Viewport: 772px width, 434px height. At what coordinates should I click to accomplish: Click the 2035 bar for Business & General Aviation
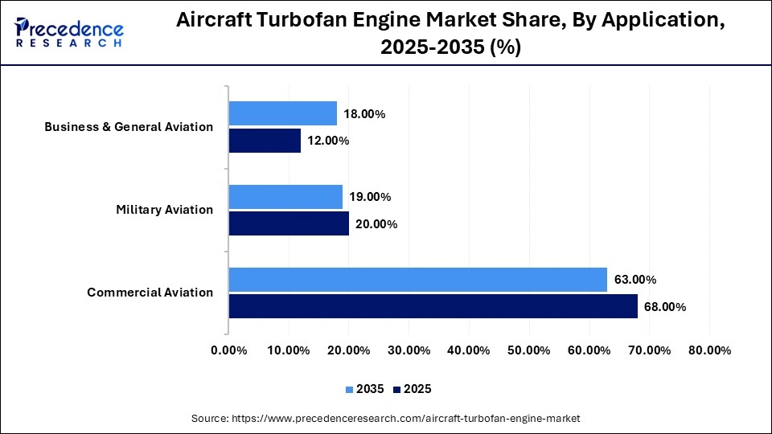(x=282, y=113)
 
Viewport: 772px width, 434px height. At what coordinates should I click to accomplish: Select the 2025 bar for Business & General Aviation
(x=265, y=141)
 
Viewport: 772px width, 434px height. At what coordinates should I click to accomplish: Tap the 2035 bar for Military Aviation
(x=285, y=197)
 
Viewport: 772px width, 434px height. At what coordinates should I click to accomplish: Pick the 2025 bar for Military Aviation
(x=289, y=224)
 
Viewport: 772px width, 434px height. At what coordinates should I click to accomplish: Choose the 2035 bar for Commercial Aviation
(x=417, y=280)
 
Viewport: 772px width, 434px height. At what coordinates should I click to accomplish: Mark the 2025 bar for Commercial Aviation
(x=433, y=307)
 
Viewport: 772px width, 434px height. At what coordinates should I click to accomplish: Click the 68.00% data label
(x=664, y=307)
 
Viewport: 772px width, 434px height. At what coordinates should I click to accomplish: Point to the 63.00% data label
(x=634, y=280)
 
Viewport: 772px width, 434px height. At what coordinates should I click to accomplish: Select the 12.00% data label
(x=327, y=141)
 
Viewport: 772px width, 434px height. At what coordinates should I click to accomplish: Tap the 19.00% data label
(x=369, y=197)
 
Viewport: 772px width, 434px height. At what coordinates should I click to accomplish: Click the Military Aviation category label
(x=164, y=210)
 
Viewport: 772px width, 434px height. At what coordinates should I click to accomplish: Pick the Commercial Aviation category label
(x=150, y=293)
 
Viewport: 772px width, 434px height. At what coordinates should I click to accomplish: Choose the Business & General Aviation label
(x=129, y=127)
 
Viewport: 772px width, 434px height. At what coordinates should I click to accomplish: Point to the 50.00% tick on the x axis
(x=529, y=350)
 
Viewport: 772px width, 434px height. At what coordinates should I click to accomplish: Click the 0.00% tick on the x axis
(x=229, y=350)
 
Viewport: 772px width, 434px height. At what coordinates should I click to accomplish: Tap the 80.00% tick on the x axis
(x=709, y=350)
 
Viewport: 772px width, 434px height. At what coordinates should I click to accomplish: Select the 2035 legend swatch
(x=349, y=390)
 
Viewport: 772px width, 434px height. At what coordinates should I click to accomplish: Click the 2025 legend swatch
(x=396, y=390)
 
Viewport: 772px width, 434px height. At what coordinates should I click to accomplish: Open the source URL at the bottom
(x=405, y=419)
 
